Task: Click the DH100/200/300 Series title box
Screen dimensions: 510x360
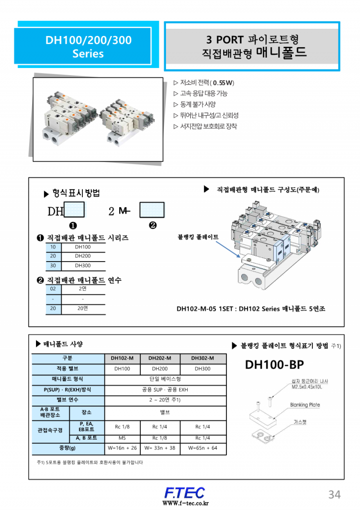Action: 88,46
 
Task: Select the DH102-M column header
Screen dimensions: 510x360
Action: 122,358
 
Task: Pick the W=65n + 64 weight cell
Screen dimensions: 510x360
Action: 202,448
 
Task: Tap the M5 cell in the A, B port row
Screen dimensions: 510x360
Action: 122,438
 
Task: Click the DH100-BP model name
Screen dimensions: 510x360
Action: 274,365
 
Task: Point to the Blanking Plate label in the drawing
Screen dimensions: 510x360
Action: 305,405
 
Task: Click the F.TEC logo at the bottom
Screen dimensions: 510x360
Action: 184,492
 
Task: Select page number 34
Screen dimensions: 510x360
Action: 334,495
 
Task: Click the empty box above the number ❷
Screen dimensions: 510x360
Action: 152,210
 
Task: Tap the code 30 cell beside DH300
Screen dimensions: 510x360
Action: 53,266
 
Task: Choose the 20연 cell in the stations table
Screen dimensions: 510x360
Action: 83,309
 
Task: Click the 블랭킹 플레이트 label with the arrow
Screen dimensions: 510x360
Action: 198,236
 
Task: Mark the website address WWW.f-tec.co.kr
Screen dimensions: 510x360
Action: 185,503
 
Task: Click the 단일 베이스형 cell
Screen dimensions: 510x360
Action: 165,379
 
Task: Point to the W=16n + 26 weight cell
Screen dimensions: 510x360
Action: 122,448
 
